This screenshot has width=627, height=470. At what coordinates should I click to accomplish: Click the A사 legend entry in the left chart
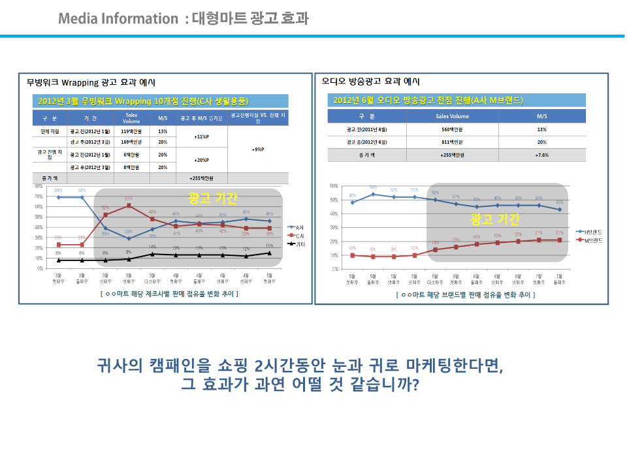click(x=298, y=226)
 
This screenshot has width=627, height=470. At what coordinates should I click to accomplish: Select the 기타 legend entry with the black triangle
click(x=298, y=243)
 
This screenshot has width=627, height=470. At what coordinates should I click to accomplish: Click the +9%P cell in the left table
click(x=258, y=149)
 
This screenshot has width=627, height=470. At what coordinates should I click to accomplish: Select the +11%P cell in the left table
click(x=201, y=137)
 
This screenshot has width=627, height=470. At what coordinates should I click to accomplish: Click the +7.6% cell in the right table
click(x=541, y=155)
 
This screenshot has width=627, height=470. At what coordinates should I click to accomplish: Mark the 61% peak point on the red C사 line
click(x=129, y=206)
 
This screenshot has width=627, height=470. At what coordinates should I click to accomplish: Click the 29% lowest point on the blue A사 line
click(x=129, y=238)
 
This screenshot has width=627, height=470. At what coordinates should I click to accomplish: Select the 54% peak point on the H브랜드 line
click(x=373, y=194)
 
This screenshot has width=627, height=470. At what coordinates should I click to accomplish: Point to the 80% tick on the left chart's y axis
click(x=39, y=186)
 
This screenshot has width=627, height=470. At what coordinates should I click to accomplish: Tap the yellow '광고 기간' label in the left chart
click(x=213, y=198)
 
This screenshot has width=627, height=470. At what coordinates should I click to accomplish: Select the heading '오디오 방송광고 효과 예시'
click(x=370, y=82)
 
